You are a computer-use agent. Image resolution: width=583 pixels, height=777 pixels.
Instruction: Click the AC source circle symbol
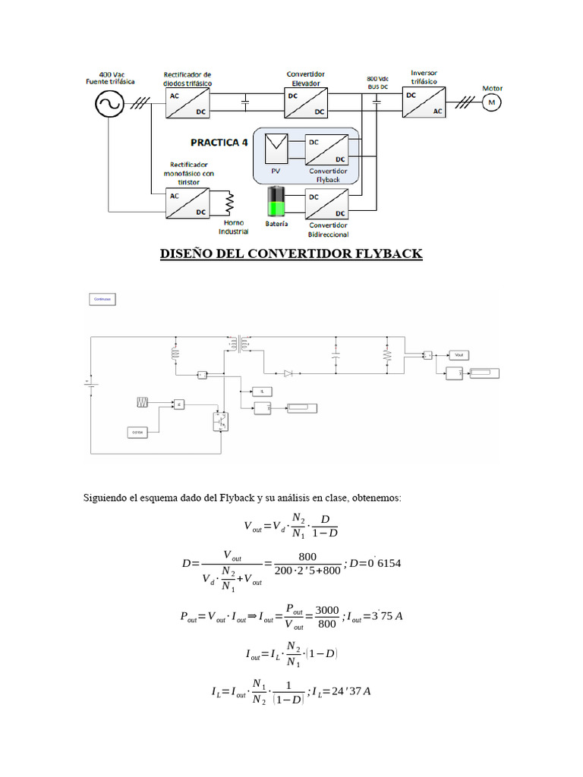(109, 104)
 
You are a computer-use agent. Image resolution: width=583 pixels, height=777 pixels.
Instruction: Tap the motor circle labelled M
(490, 102)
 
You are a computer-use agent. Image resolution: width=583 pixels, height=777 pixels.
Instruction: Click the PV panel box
(276, 148)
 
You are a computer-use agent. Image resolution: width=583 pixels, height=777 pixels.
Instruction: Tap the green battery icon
(276, 204)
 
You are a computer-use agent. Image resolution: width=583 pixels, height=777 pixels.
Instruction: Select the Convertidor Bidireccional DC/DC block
(327, 204)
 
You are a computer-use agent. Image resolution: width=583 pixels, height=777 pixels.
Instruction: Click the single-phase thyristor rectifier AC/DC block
(187, 203)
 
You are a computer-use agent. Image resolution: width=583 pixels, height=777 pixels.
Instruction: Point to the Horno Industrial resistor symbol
(228, 203)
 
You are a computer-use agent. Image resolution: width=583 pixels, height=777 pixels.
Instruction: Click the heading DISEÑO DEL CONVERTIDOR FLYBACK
(291, 253)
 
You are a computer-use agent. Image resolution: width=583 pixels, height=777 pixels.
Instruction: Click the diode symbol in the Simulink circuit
(288, 373)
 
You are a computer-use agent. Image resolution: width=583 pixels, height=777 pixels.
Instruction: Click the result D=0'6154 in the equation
(382, 564)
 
